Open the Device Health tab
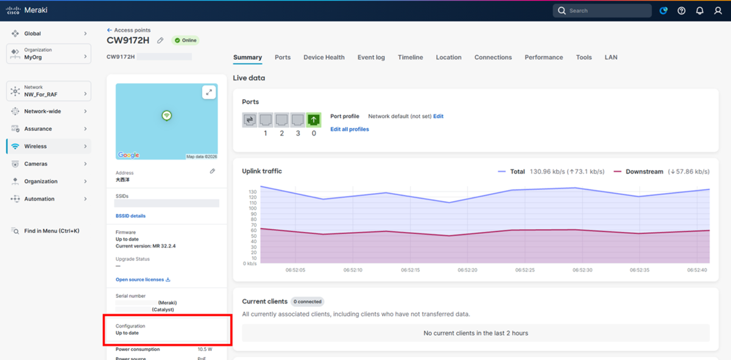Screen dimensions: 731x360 tap(323, 57)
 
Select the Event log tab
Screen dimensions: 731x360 tap(371, 57)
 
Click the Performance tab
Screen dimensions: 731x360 tap(543, 57)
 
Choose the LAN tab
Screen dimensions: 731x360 tap(611, 57)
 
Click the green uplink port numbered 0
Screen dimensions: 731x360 tap(314, 120)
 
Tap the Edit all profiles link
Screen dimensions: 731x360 tap(350, 129)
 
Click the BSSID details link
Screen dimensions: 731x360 tap(130, 216)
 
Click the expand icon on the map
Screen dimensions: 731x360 tap(209, 93)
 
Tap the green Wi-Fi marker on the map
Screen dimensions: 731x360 tap(167, 116)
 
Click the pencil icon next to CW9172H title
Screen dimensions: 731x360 tap(160, 40)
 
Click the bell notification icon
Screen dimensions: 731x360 tap(700, 11)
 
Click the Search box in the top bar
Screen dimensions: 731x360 tap(602, 11)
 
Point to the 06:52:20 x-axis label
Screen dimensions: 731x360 tap(467, 270)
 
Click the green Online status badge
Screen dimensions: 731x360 tap(185, 40)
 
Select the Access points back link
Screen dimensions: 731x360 tap(129, 30)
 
